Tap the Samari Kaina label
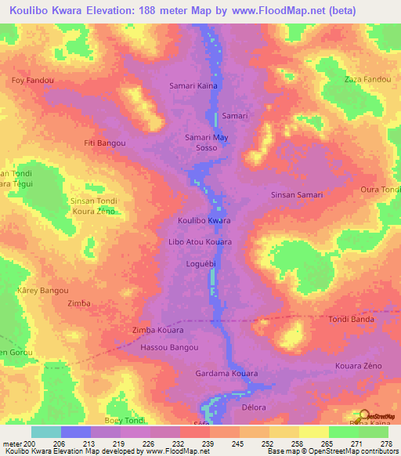pyautogui.click(x=193, y=85)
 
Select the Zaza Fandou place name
pyautogui.click(x=367, y=80)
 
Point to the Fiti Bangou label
pyautogui.click(x=105, y=143)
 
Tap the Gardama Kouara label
pyautogui.click(x=226, y=374)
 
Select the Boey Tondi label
pyautogui.click(x=125, y=421)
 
